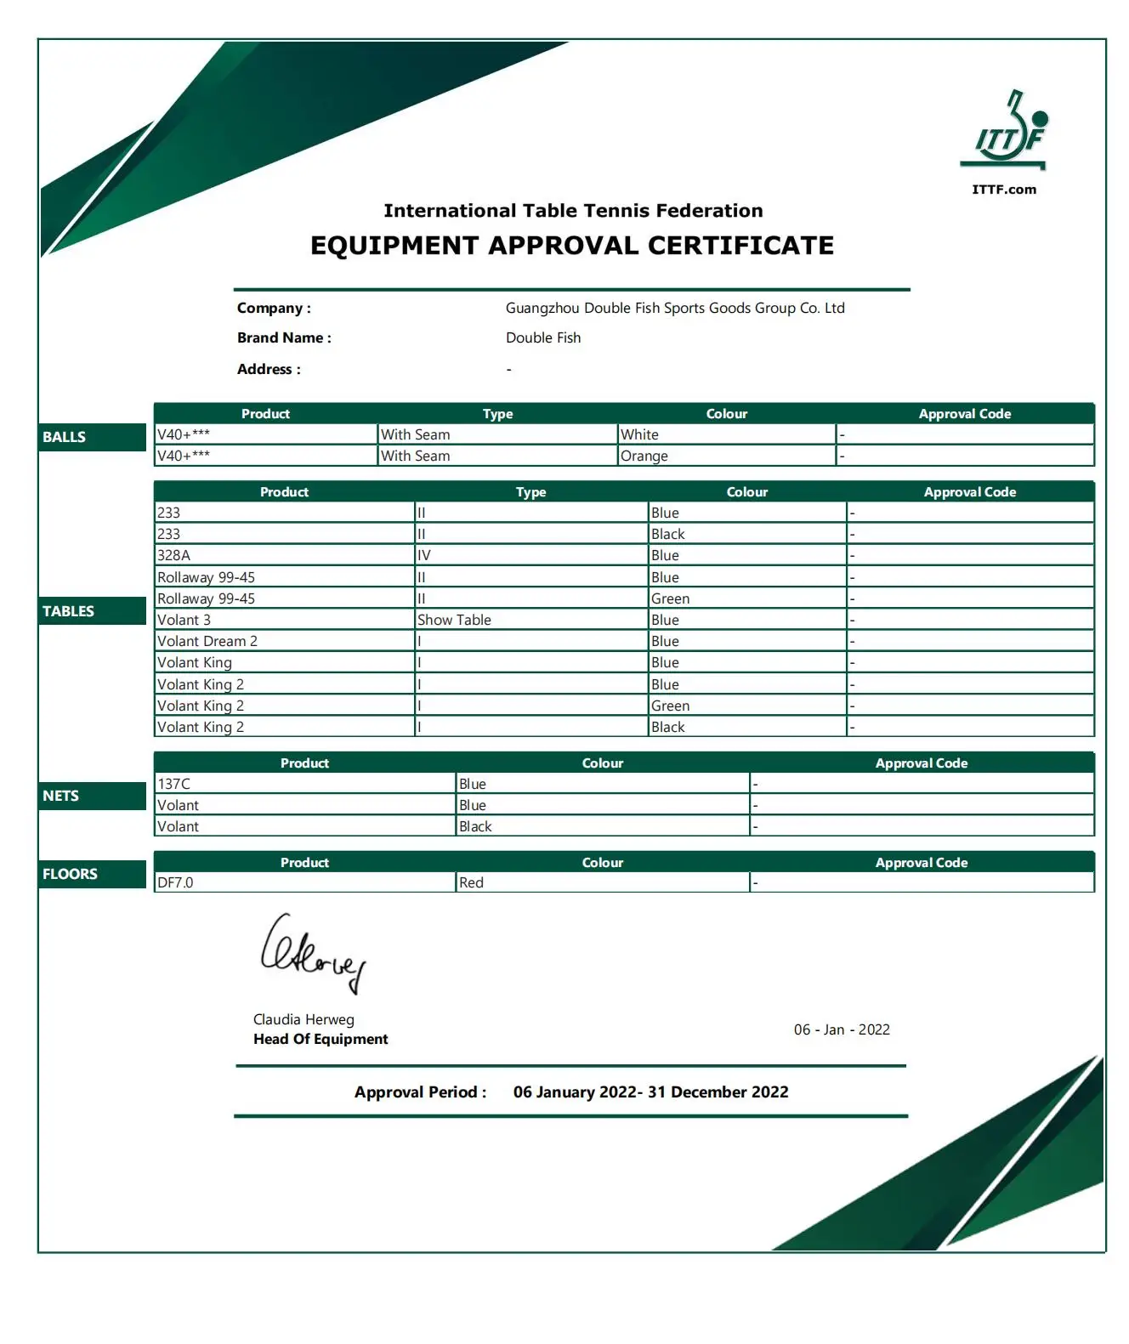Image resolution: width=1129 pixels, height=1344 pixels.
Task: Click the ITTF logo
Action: (x=1004, y=132)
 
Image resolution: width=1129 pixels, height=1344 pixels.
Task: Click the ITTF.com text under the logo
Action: (x=1004, y=190)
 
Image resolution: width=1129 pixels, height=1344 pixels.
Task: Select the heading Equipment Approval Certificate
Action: (x=571, y=246)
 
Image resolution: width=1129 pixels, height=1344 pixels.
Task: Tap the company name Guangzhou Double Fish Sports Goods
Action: (x=674, y=308)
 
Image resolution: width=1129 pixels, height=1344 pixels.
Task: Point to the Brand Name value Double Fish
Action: (x=543, y=337)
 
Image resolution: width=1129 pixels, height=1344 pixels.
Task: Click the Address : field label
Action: (x=269, y=369)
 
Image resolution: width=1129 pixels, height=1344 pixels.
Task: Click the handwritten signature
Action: (x=312, y=953)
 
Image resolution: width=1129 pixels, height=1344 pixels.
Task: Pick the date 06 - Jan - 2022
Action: (x=842, y=1029)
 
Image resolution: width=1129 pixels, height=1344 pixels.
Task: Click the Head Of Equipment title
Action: (x=321, y=1039)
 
